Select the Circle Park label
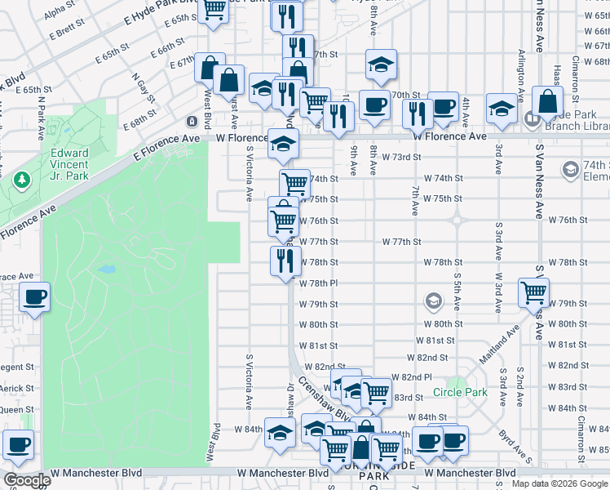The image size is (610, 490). click(x=461, y=392)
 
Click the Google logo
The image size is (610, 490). click(x=26, y=480)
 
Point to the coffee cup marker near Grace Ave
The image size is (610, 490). click(x=34, y=298)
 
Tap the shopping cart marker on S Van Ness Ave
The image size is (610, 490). click(x=533, y=292)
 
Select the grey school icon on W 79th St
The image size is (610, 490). click(x=431, y=303)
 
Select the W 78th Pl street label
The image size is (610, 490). click(x=318, y=283)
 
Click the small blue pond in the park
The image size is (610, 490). click(x=106, y=269)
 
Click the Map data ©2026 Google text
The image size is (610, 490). click(x=559, y=483)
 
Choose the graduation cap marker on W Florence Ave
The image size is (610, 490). click(x=283, y=145)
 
